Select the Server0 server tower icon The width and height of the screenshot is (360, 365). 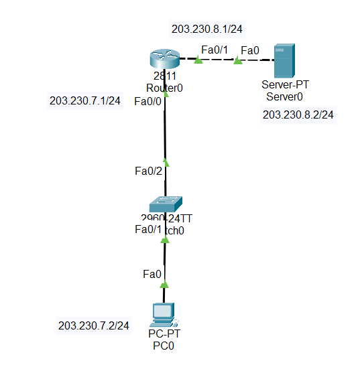[x=285, y=60]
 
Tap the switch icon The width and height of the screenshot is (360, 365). [x=165, y=204]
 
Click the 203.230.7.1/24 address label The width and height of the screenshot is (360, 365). [x=85, y=100]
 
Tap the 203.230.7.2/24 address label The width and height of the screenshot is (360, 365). [x=94, y=325]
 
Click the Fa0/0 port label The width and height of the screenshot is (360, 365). [x=148, y=101]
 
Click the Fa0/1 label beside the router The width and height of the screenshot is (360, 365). [x=215, y=49]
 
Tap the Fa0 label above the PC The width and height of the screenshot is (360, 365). [x=152, y=273]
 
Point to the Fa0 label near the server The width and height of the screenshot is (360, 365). [x=250, y=50]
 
